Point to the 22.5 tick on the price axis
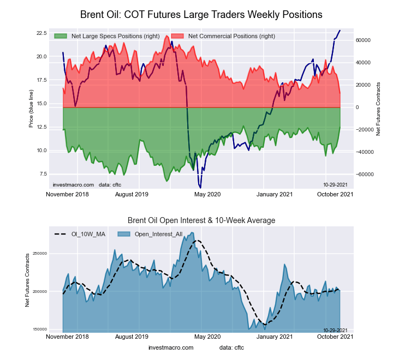pyautogui.click(x=40, y=33)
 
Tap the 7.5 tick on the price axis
pyautogui.click(x=42, y=174)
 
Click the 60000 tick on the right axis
pyautogui.click(x=364, y=40)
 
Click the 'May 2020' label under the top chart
pyautogui.click(x=207, y=194)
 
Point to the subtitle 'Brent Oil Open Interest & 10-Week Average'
pyautogui.click(x=201, y=220)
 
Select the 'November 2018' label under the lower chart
pyautogui.click(x=68, y=337)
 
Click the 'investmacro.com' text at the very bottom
pyautogui.click(x=171, y=347)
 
